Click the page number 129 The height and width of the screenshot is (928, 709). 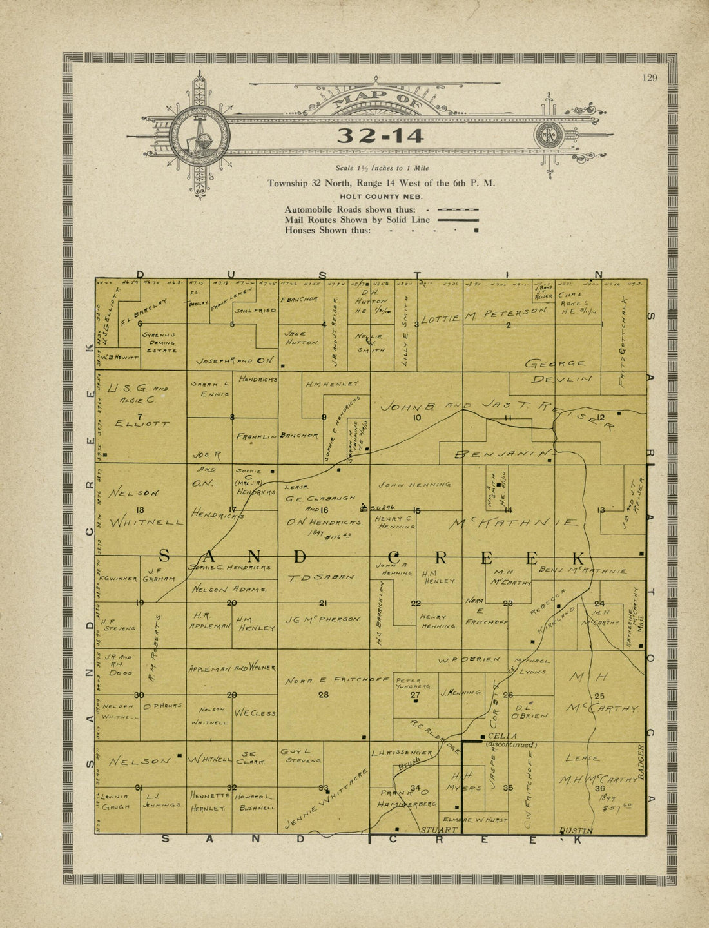click(x=649, y=78)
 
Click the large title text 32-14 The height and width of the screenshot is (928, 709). click(x=380, y=136)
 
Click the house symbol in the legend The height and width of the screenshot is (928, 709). click(x=476, y=230)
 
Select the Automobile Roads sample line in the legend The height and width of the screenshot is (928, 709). click(x=458, y=209)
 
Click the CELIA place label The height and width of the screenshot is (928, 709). click(x=503, y=736)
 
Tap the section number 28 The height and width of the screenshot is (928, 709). click(x=324, y=695)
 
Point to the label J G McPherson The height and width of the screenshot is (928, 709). click(x=323, y=619)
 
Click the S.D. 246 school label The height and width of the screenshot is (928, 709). click(x=380, y=507)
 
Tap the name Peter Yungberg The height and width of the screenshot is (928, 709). click(x=409, y=684)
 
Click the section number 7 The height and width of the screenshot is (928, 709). click(x=140, y=417)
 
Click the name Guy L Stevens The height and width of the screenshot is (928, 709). click(x=300, y=756)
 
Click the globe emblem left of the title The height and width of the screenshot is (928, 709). click(x=200, y=136)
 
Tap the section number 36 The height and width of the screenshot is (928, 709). click(x=600, y=788)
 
